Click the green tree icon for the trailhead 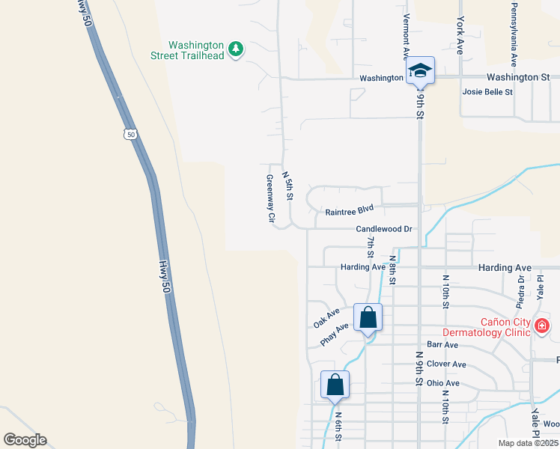[237, 49]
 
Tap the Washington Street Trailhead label [196, 50]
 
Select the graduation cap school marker [421, 71]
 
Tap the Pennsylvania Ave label [514, 34]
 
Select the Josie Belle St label [487, 92]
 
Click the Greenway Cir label [271, 200]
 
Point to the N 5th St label [287, 185]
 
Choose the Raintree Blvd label [349, 212]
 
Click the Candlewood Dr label [384, 229]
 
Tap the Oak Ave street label [326, 317]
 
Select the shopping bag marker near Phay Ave [368, 317]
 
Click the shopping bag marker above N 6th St [335, 385]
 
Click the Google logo [25, 440]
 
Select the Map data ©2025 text [528, 443]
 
